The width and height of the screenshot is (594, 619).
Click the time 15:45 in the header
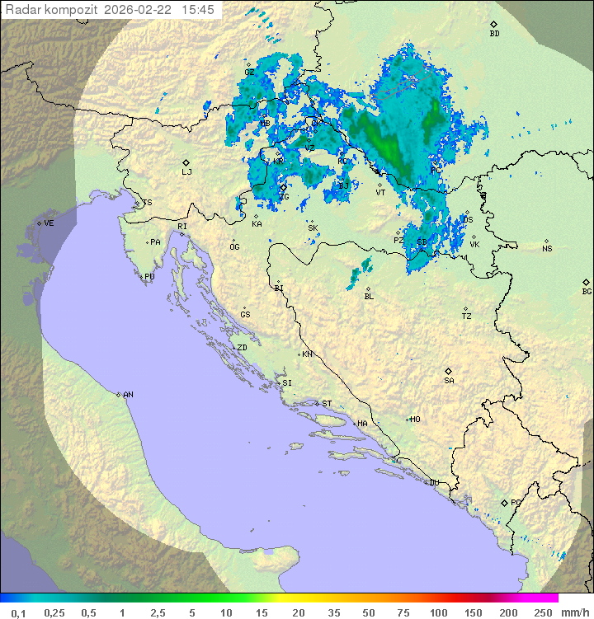(198, 10)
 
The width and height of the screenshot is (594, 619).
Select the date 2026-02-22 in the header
(141, 10)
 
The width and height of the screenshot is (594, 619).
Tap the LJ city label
(186, 172)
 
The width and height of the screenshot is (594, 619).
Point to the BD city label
(494, 34)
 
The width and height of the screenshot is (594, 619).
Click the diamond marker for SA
(449, 371)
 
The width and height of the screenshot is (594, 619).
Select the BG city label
(587, 292)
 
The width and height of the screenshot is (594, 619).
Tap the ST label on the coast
(327, 404)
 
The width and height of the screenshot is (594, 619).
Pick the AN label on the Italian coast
(128, 395)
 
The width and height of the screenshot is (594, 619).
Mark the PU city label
(149, 277)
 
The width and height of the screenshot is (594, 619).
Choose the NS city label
(547, 249)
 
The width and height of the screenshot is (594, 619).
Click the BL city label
(369, 296)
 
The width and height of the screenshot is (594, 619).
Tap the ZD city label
(242, 348)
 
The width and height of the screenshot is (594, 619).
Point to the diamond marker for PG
(505, 502)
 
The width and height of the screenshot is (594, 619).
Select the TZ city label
(467, 317)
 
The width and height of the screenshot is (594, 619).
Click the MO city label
(415, 419)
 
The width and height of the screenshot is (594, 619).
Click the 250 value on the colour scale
(543, 612)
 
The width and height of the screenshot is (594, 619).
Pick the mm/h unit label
(574, 612)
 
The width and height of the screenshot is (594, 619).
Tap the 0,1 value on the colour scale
(18, 612)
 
